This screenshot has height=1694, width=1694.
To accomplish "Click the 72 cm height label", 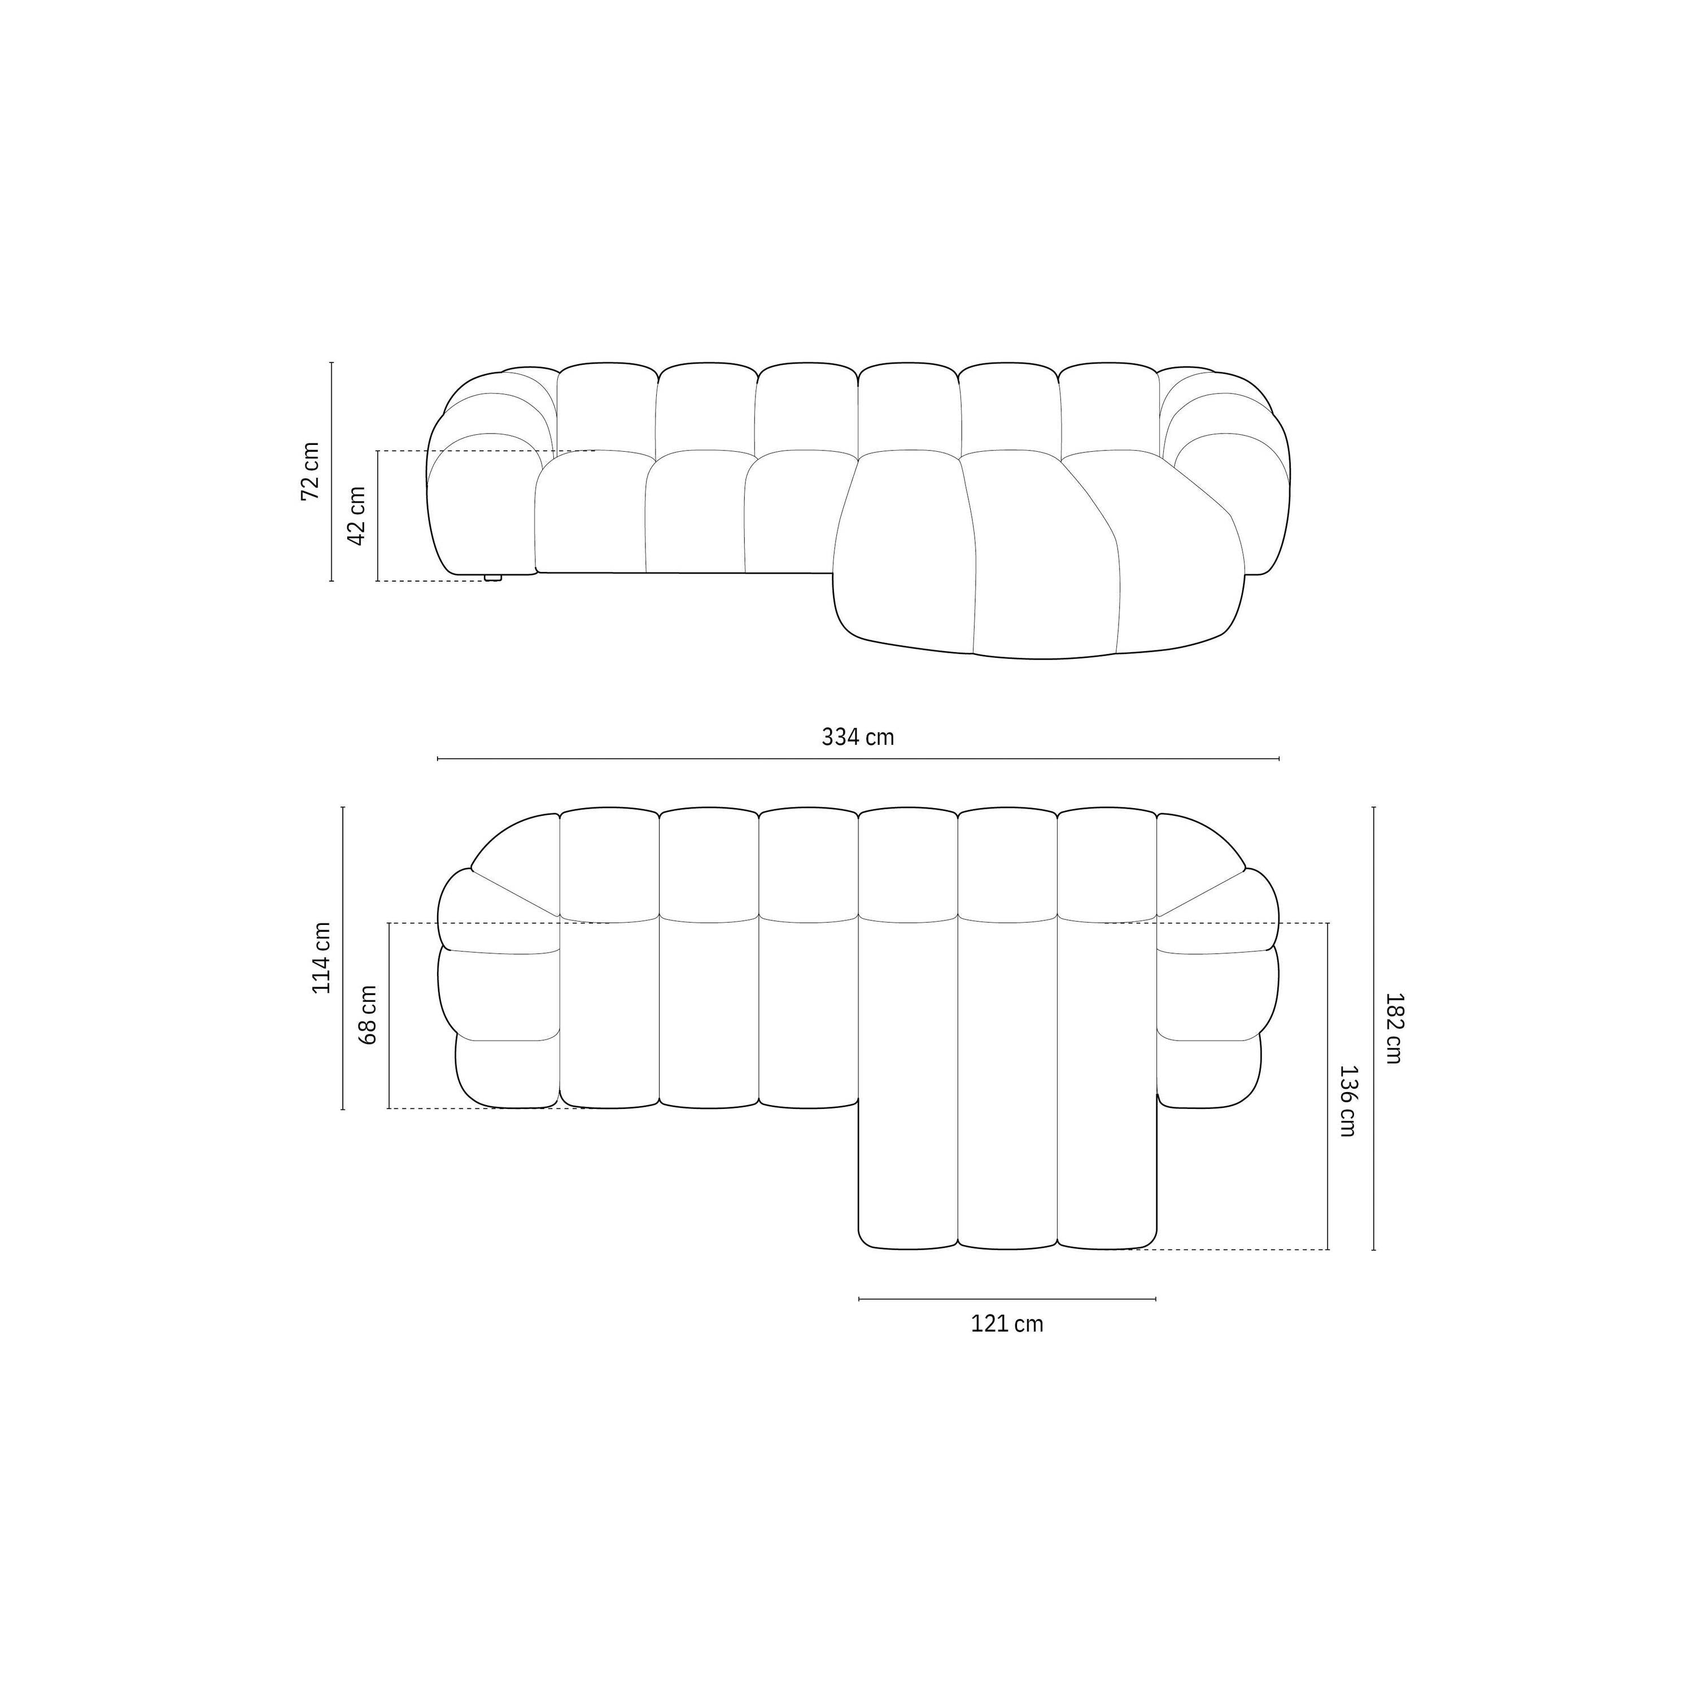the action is click(311, 471).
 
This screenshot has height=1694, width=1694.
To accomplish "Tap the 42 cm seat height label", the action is click(357, 516).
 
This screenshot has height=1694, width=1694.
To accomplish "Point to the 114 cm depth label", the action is click(322, 958).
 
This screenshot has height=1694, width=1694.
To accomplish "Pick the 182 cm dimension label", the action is click(1393, 1028).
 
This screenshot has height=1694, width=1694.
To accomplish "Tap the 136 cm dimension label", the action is click(1348, 1101).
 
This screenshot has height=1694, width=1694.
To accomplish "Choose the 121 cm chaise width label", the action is click(1007, 1324).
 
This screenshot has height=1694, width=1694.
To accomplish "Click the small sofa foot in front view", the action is click(493, 577).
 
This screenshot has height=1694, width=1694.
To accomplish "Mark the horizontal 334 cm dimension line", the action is click(858, 758).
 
